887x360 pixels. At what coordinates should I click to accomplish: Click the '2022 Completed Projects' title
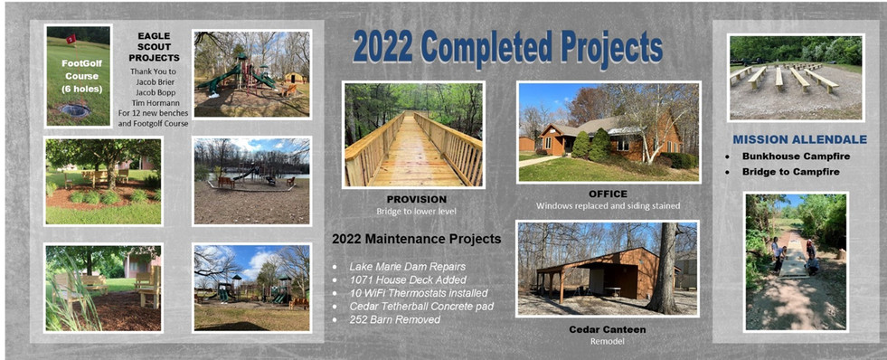click(507, 47)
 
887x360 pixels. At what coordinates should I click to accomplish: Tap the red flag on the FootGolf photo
click(71, 40)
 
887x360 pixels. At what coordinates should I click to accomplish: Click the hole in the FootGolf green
click(73, 110)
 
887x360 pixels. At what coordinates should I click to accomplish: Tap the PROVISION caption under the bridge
click(413, 198)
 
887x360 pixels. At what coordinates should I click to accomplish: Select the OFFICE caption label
click(607, 194)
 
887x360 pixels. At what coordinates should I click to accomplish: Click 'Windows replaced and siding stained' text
click(607, 206)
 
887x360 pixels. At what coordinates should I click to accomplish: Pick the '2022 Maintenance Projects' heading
click(416, 240)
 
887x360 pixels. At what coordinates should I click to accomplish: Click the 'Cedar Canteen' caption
click(607, 329)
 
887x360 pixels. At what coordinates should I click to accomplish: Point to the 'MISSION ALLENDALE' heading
click(799, 139)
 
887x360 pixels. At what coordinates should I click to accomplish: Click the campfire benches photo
click(796, 78)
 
